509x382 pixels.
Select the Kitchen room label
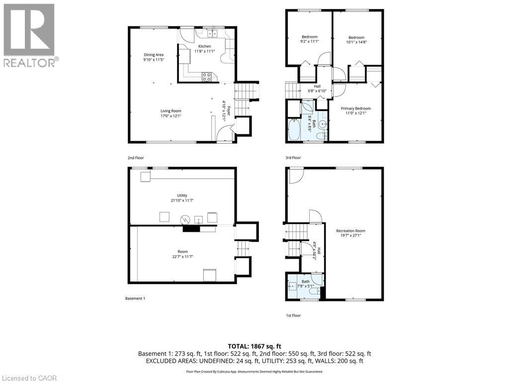pos(204,49)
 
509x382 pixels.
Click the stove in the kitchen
pos(207,77)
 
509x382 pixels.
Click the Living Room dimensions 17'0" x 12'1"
pos(170,116)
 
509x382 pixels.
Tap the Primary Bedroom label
pos(355,111)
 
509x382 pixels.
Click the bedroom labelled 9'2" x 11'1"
pos(309,39)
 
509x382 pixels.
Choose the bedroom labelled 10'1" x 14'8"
pos(356,40)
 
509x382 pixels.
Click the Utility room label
pos(182,198)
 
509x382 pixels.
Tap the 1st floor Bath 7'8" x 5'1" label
pos(305,284)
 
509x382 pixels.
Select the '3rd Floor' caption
pos(293,158)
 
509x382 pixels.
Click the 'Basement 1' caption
pos(135,298)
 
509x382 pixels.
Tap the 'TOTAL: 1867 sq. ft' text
pos(254,346)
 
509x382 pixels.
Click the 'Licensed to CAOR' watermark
pos(29,378)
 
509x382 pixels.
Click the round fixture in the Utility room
pos(185,218)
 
